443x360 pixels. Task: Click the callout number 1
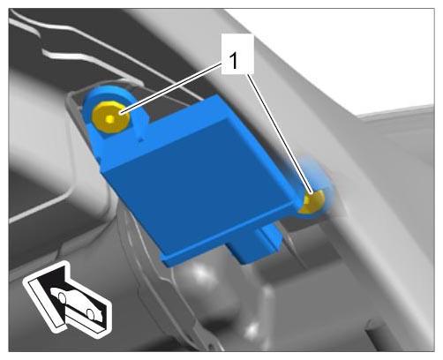tap(234, 61)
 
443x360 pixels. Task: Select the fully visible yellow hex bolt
tap(110, 118)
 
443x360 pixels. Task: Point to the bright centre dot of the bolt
tap(110, 119)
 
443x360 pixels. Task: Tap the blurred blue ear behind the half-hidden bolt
tap(319, 188)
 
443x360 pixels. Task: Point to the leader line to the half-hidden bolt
tap(280, 133)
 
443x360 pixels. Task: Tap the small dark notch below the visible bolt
tap(140, 139)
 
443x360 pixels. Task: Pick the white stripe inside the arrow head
tap(44, 302)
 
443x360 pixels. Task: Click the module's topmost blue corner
tap(218, 96)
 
